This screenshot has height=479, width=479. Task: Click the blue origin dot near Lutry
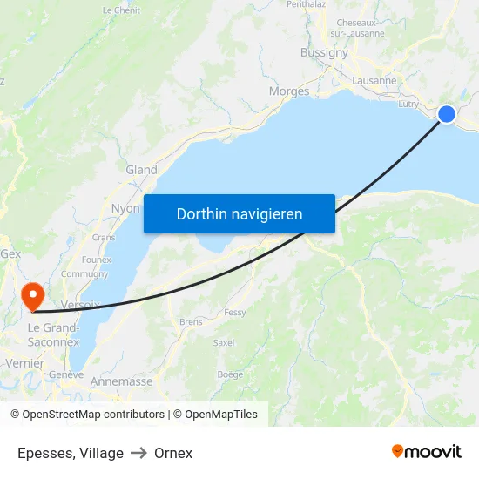tap(447, 114)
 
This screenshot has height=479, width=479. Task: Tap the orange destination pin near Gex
tap(33, 293)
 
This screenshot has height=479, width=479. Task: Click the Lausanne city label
tap(374, 81)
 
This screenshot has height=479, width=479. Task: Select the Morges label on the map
tap(289, 91)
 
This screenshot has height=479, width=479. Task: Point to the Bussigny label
tap(324, 52)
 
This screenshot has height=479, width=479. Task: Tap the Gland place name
tap(141, 170)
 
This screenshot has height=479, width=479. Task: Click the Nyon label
tap(125, 209)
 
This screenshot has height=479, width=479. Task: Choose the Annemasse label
tap(121, 381)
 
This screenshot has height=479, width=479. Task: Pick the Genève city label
tap(66, 374)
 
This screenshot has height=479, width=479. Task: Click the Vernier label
tap(24, 362)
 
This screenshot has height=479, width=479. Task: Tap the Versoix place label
tap(81, 305)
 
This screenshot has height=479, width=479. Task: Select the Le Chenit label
tap(121, 10)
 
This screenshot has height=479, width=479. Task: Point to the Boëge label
tap(230, 374)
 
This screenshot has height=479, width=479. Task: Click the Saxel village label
tap(224, 343)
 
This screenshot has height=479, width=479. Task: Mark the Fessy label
tap(235, 312)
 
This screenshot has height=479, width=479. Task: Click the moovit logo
tap(427, 451)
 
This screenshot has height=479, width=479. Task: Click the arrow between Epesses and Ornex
tap(139, 453)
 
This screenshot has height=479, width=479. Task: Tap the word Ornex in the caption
tap(173, 453)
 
